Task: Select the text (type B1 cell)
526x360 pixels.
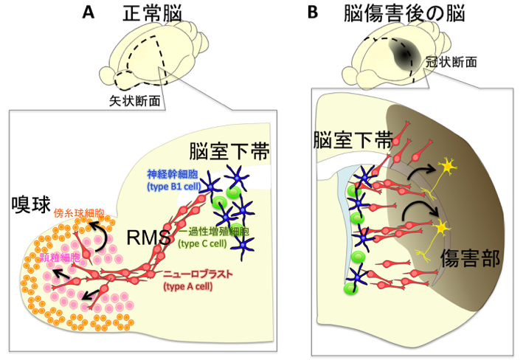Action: [x=175, y=188]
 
